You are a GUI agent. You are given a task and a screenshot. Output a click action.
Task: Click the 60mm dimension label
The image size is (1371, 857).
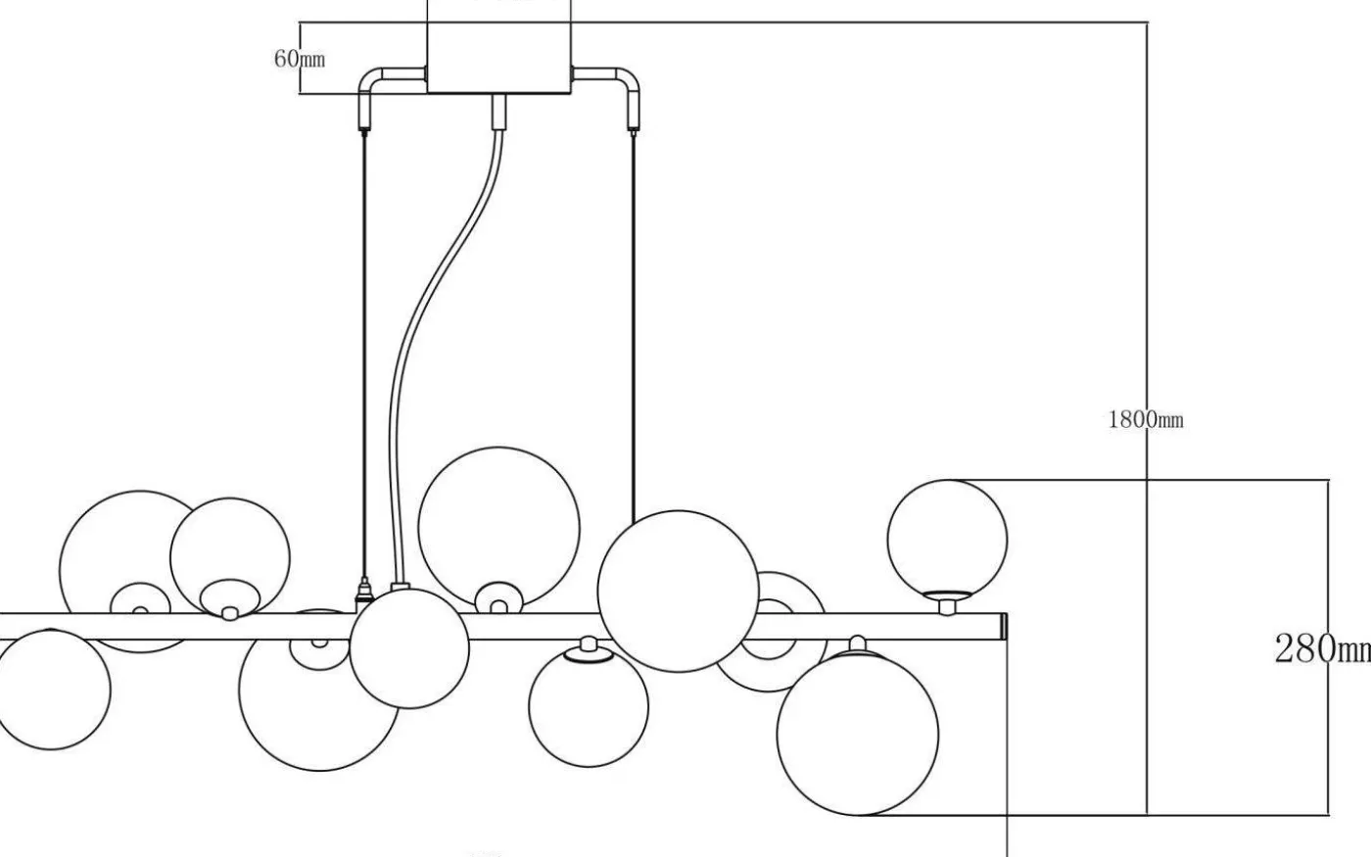[x=300, y=58]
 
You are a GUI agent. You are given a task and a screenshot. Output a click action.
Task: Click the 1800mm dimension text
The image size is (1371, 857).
[x=1145, y=420]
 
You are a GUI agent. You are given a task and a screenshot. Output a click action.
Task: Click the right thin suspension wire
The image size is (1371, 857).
[x=634, y=323]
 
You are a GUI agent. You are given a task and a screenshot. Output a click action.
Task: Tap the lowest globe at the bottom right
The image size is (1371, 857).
[x=857, y=734]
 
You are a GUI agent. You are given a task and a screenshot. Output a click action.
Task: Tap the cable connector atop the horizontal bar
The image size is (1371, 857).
[x=399, y=590]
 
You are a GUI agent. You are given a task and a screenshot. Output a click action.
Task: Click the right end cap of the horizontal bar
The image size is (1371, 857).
[x=1003, y=627]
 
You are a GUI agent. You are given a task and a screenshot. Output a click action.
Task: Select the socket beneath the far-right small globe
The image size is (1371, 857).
[x=946, y=600]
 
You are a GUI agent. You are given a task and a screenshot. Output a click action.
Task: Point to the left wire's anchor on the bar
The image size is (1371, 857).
[x=364, y=593]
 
